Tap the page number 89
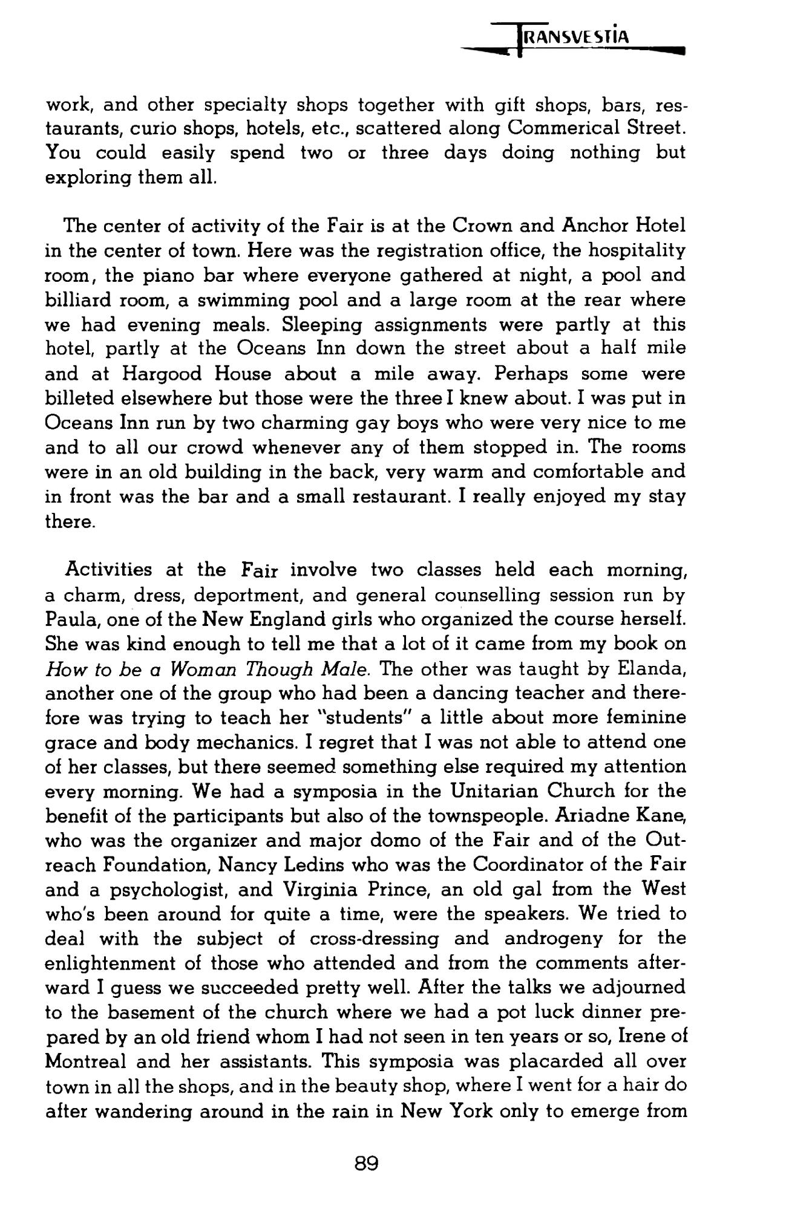click(x=367, y=1162)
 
